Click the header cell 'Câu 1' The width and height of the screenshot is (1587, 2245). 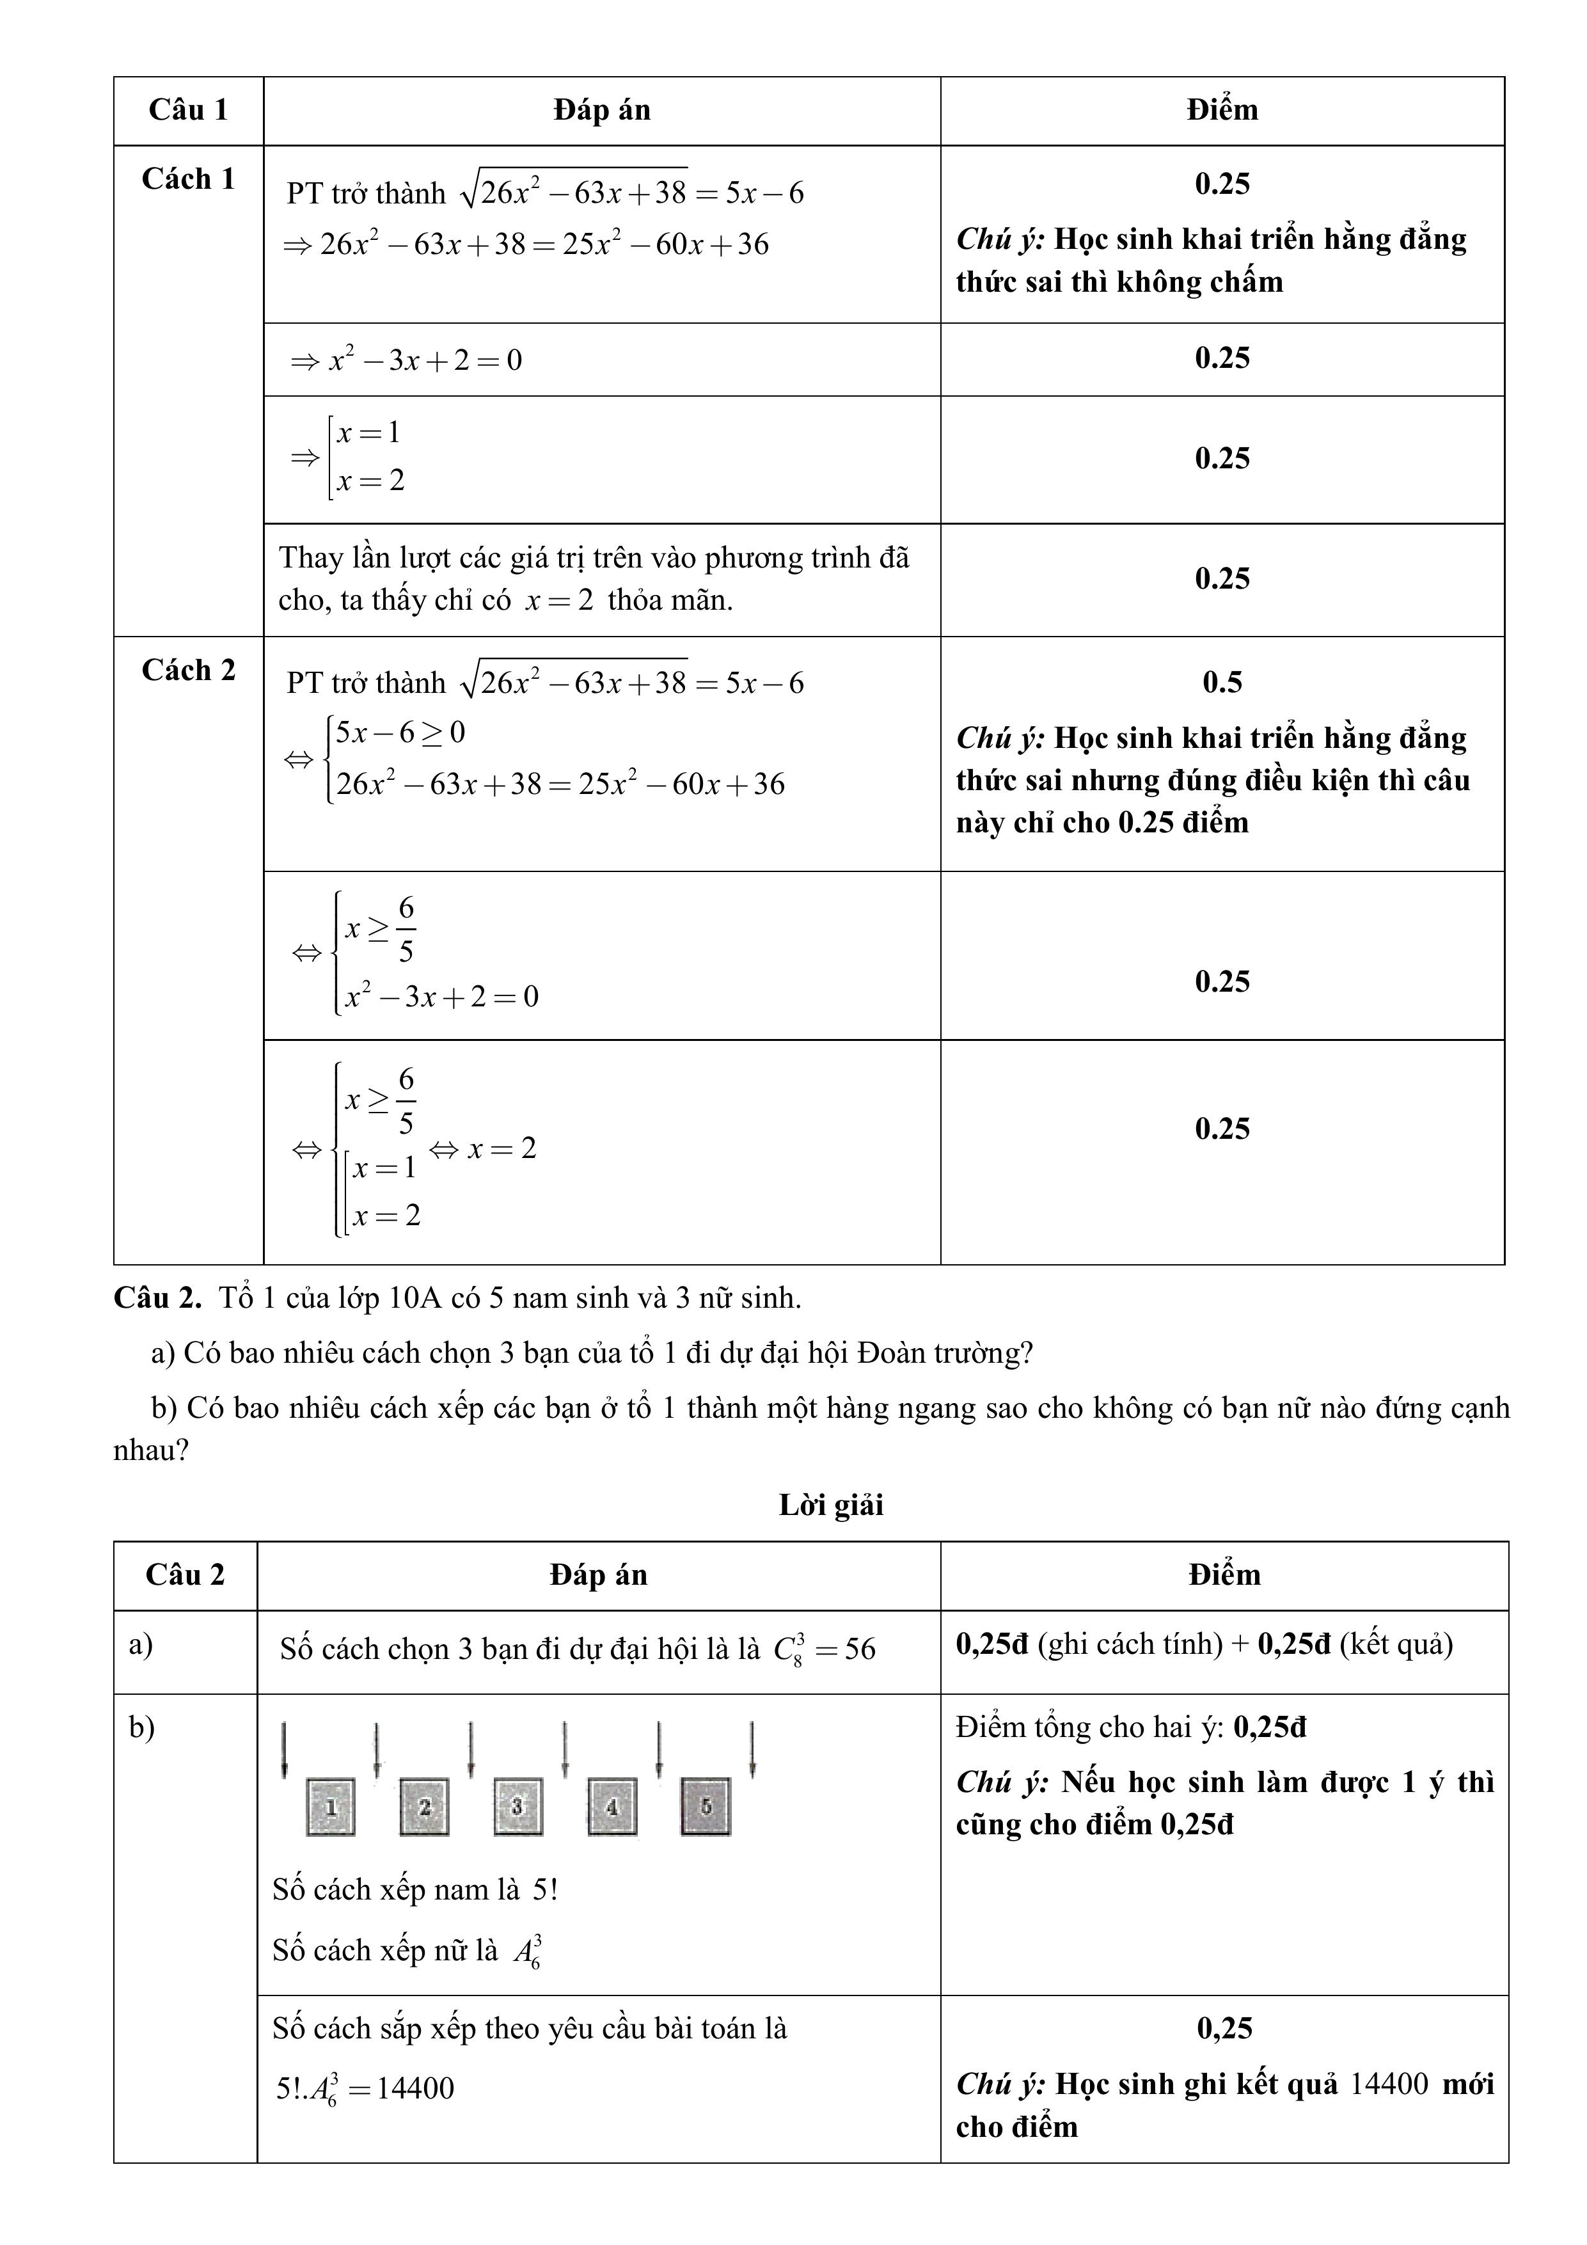tap(188, 109)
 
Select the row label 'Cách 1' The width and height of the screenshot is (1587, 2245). tap(188, 179)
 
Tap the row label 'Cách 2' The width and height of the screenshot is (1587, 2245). tap(188, 670)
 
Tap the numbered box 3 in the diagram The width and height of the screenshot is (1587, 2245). tap(517, 1806)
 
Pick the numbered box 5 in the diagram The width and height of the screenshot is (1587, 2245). tap(705, 1806)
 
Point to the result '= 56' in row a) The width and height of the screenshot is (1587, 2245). tap(846, 1649)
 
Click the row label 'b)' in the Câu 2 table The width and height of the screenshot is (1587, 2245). tap(142, 1728)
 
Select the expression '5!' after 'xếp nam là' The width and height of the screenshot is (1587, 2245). tap(544, 1889)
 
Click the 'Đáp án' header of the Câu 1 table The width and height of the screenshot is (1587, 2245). tap(601, 109)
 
